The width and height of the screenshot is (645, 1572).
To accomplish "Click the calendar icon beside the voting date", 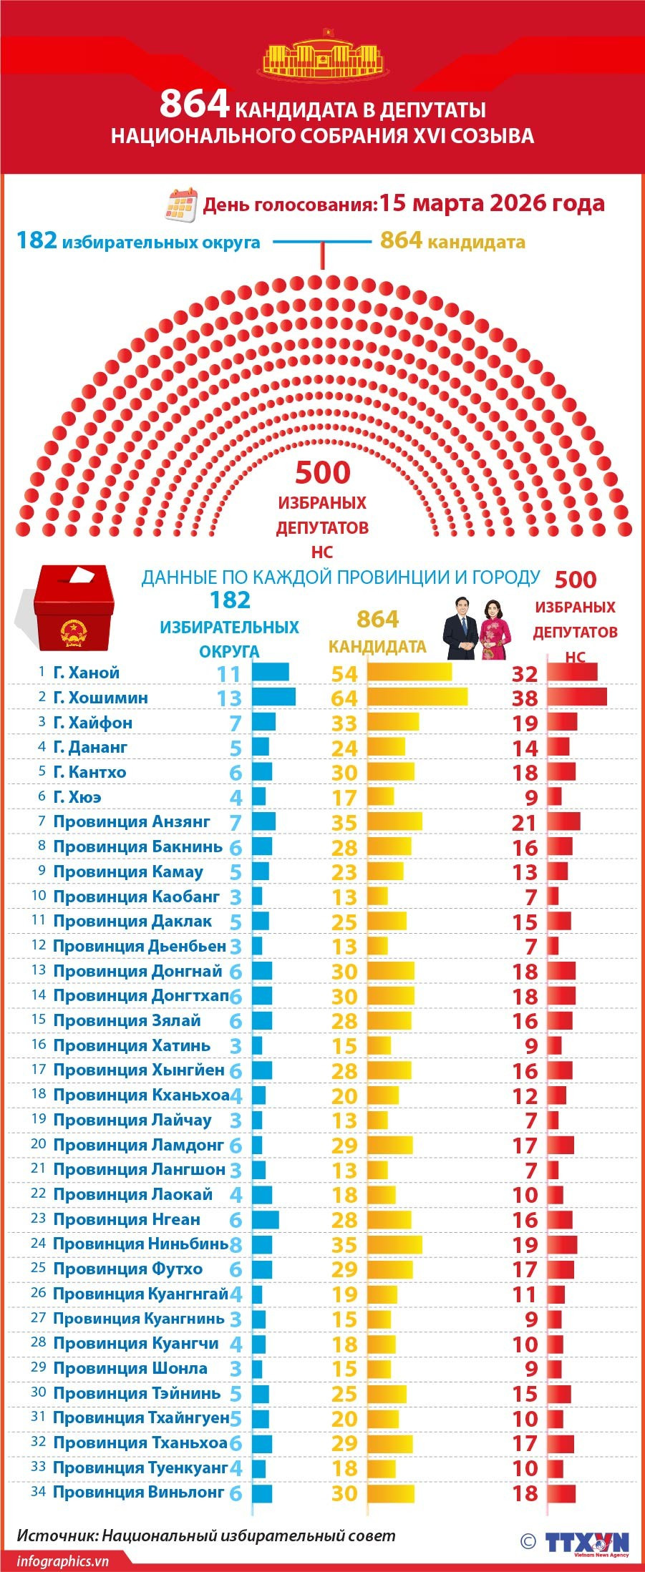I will [180, 205].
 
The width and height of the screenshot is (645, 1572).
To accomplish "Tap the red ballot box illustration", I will [73, 607].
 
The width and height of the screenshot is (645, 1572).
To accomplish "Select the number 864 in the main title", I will [194, 104].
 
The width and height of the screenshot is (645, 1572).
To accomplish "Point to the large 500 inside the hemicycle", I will [323, 472].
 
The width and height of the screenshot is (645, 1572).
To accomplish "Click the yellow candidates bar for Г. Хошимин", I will [417, 697].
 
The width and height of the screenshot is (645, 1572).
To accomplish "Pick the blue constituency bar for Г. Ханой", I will [271, 672].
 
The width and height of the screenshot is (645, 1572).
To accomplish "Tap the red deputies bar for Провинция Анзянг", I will [564, 821].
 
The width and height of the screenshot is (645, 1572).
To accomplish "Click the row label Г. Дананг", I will [90, 747].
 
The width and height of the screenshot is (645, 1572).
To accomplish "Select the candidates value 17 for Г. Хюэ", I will [344, 797].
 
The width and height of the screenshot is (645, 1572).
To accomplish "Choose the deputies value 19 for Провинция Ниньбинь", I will [525, 1244].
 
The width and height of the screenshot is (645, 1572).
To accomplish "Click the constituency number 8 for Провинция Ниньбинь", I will [236, 1245].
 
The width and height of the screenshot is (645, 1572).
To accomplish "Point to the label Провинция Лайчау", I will [132, 1120].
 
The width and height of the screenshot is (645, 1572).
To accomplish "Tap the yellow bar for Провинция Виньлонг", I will [391, 1493].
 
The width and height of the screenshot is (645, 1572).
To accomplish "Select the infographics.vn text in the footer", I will [63, 1561].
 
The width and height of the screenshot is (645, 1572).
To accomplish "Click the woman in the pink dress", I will [495, 630].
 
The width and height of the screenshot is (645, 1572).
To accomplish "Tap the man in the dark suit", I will [460, 630].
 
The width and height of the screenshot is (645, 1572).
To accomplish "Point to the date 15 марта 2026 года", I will [492, 203].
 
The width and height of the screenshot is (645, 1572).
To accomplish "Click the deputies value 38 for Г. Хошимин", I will [525, 698].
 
